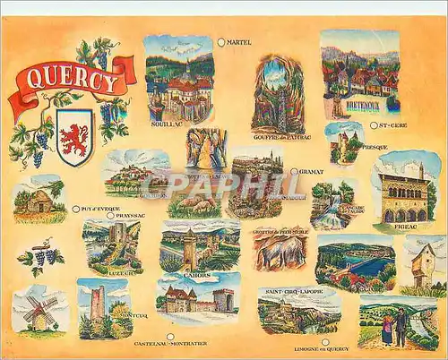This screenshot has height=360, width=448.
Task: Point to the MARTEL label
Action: click(240, 42)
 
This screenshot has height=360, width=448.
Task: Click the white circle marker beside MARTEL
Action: click(221, 41)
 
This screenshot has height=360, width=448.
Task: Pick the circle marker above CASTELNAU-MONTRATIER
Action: click(170, 337)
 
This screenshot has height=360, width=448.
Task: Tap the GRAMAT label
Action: click(312, 170)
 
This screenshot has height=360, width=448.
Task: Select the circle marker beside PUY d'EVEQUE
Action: click(75, 209)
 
